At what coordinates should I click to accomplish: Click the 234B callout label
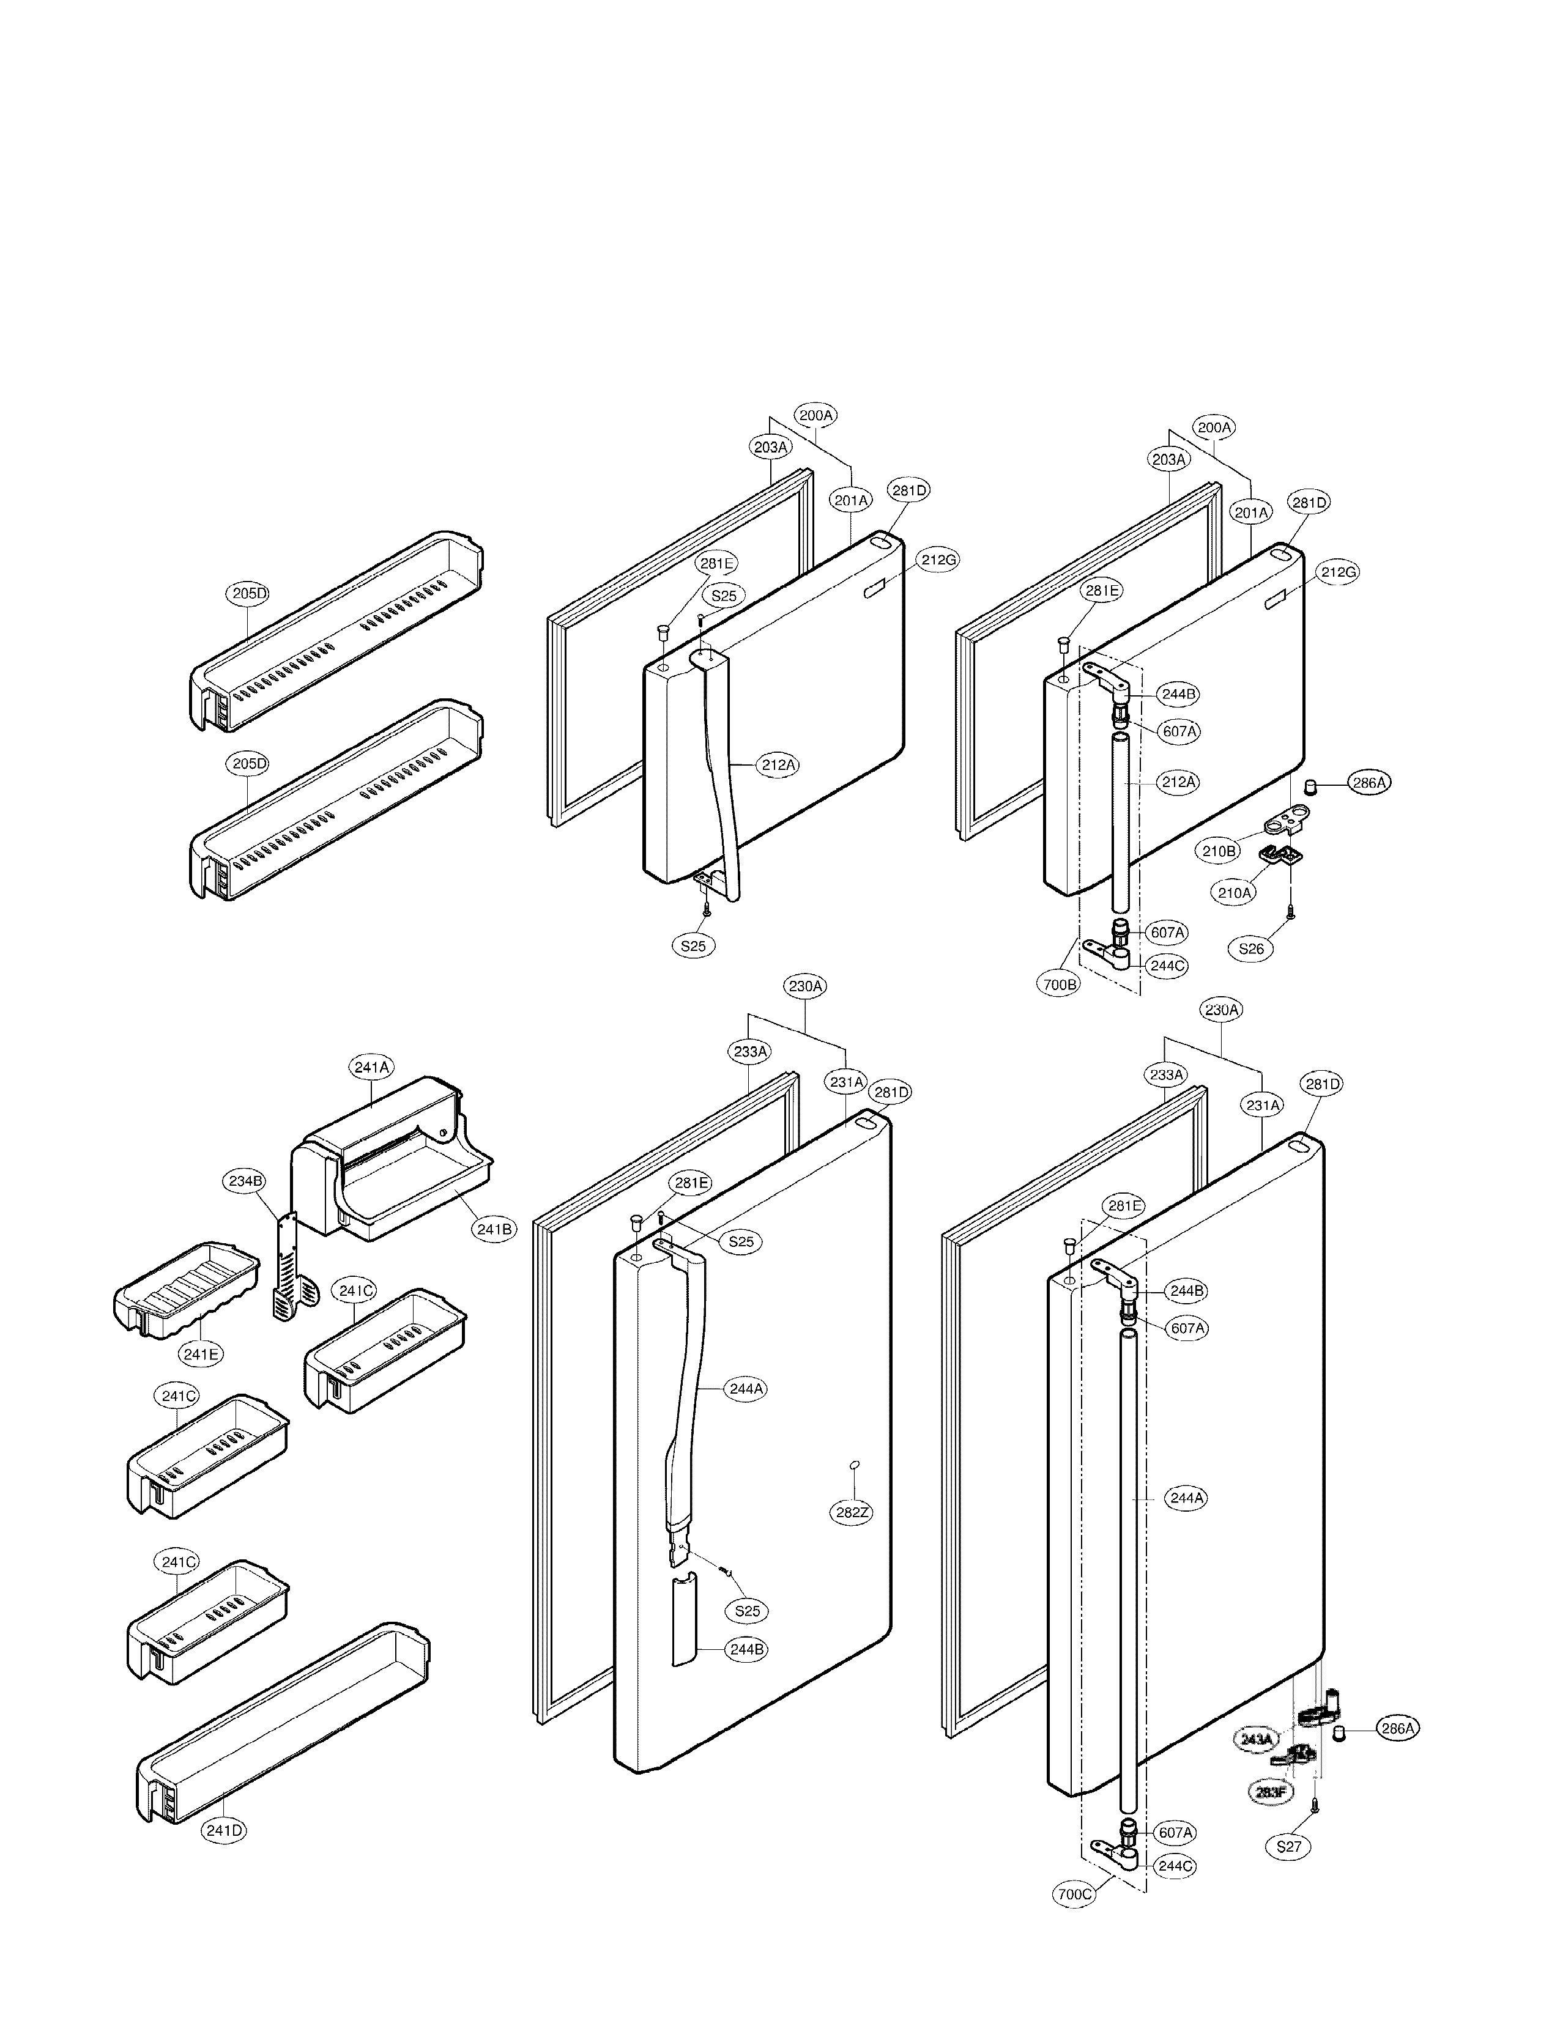pos(245,1180)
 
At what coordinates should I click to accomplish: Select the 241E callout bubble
pos(201,1355)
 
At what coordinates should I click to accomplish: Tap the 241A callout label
pos(371,1067)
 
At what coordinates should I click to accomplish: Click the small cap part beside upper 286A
pos(1310,786)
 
